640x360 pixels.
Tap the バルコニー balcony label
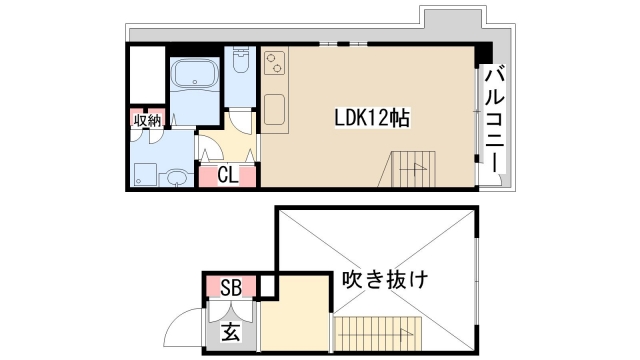493,118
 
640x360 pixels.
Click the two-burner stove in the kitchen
275,67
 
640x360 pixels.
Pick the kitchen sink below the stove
276,110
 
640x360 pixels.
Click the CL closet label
228,176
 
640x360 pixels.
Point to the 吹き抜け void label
383,279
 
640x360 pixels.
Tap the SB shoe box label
229,287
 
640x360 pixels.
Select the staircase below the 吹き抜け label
374,331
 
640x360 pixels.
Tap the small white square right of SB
266,287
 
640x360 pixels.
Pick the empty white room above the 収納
147,74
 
